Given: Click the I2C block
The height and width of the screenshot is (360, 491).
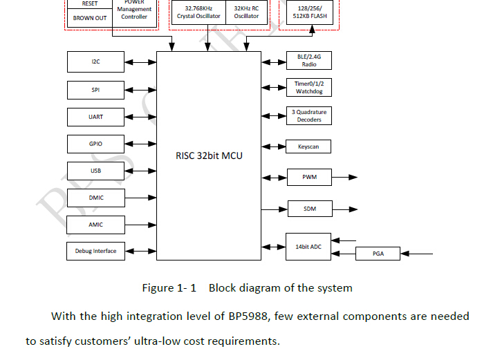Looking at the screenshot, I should (x=95, y=62).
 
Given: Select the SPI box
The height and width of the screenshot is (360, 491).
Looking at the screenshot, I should (x=95, y=90).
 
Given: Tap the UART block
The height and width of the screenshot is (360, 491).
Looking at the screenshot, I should (x=95, y=117).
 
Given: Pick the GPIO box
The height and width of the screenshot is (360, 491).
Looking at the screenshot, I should (x=95, y=144).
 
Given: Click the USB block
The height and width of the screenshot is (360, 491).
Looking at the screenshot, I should (x=95, y=171).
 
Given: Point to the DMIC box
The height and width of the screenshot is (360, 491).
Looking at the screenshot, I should (x=95, y=198).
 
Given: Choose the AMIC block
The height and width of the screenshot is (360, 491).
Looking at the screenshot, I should (x=95, y=225).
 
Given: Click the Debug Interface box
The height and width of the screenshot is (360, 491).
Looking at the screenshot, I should (x=95, y=251).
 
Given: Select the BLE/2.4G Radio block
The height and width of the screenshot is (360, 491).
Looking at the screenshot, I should (x=309, y=61).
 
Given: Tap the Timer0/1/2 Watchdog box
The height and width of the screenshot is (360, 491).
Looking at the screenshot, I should (x=309, y=88).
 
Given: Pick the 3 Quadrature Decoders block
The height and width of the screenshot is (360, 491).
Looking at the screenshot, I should (x=309, y=115).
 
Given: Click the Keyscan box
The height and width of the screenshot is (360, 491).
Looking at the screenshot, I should (x=308, y=146).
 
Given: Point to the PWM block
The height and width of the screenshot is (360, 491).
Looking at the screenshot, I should (x=309, y=178).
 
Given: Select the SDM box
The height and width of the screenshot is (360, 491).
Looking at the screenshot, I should (x=309, y=208).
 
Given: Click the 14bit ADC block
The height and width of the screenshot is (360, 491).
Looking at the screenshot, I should (x=308, y=247).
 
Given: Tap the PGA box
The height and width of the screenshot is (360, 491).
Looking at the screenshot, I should (x=378, y=254).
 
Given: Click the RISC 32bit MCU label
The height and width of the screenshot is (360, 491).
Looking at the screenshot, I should (x=209, y=155).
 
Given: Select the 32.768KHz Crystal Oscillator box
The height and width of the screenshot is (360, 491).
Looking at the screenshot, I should (x=198, y=12).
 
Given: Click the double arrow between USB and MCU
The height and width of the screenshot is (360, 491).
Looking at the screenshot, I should (x=140, y=171).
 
